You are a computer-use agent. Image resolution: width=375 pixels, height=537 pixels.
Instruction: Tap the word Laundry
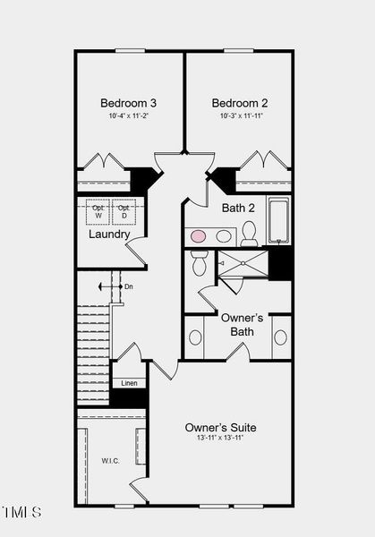tap(109, 234)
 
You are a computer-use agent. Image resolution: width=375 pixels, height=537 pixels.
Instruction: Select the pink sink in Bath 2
tap(199, 236)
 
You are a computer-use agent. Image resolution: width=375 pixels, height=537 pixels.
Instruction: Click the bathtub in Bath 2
tap(279, 220)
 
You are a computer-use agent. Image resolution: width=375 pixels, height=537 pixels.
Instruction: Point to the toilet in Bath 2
tap(249, 234)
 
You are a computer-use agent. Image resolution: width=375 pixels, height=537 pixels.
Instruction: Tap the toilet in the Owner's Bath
tap(200, 263)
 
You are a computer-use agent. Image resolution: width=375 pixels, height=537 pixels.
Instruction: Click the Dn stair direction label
tap(128, 286)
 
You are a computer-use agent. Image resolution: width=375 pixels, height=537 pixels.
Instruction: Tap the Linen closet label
tap(129, 383)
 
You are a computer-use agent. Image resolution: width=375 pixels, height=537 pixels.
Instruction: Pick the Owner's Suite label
tap(219, 427)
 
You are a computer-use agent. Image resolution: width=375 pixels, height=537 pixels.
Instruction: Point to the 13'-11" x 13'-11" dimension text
tap(219, 439)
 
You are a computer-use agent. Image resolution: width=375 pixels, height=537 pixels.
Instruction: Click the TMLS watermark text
tap(21, 512)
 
